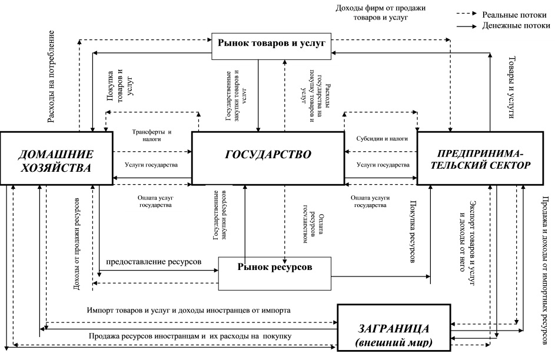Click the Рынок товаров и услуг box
[271, 42]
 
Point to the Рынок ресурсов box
[274, 266]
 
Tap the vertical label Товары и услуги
[511, 89]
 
